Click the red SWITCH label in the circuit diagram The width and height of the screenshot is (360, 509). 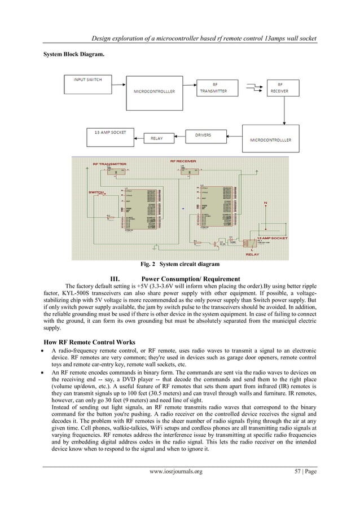click(95, 193)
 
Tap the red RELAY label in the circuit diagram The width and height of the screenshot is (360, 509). click(252, 254)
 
